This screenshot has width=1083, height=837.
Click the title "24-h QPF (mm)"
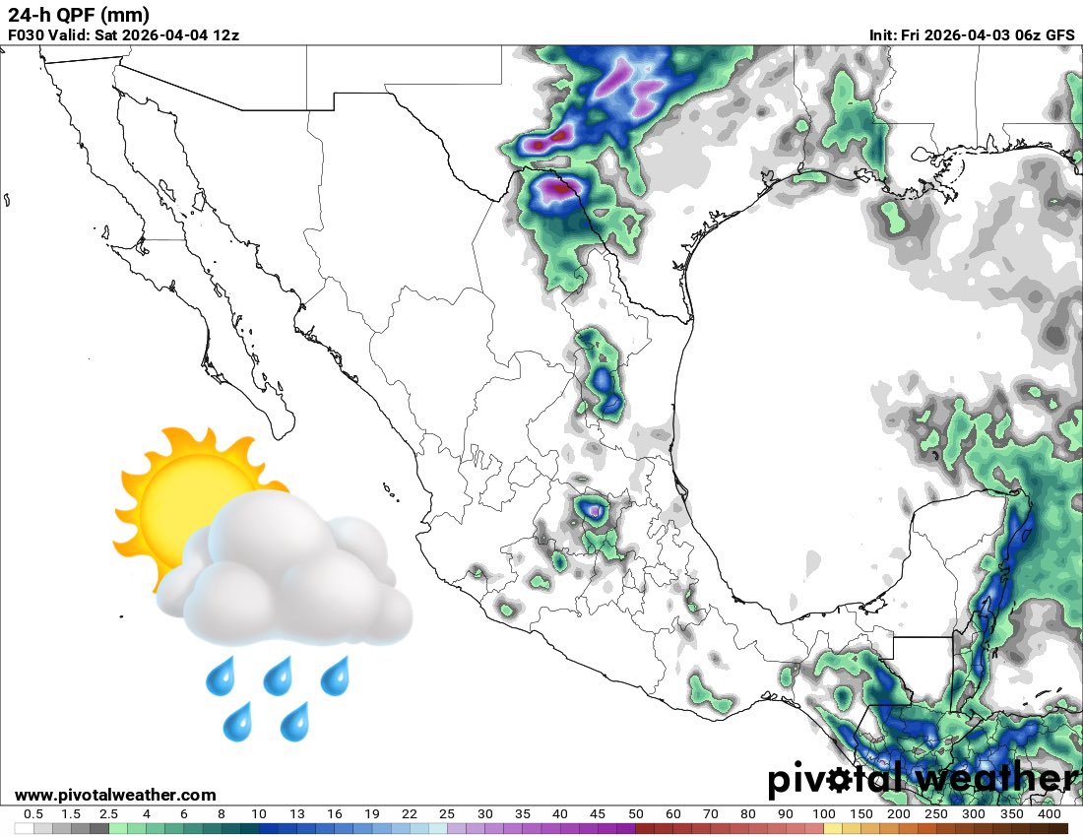click(x=78, y=15)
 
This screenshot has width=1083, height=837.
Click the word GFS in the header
click(x=1059, y=35)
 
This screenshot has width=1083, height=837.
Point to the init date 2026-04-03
click(x=973, y=35)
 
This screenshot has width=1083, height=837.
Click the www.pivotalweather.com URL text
click(x=115, y=795)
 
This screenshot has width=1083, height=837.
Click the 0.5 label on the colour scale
click(x=32, y=814)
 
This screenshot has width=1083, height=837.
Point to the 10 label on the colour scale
click(x=259, y=814)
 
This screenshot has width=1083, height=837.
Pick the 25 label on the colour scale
click(x=448, y=814)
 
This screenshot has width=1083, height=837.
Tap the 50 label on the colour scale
click(x=636, y=814)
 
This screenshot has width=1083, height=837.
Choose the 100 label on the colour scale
click(x=824, y=814)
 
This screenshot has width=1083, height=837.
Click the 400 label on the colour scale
click(x=1050, y=814)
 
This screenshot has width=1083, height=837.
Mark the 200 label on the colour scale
click(x=899, y=814)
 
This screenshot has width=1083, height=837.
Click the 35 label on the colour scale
click(x=523, y=814)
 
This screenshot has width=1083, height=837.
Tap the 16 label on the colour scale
click(x=335, y=814)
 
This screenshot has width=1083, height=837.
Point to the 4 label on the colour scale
click(x=146, y=814)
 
